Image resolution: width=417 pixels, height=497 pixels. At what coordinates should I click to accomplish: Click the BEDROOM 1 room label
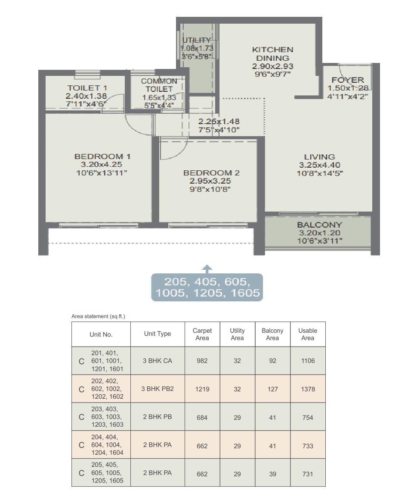(x=102, y=156)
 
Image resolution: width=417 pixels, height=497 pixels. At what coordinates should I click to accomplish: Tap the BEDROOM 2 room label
(x=211, y=173)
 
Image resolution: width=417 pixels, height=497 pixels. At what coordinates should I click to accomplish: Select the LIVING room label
(x=320, y=157)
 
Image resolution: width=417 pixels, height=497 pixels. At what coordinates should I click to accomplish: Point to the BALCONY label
(x=320, y=225)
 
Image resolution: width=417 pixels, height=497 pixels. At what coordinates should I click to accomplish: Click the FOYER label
(x=348, y=80)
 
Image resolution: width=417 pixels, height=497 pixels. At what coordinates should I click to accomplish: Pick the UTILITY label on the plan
(x=197, y=40)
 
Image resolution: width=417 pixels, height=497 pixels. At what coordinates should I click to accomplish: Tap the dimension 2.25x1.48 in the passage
(x=219, y=122)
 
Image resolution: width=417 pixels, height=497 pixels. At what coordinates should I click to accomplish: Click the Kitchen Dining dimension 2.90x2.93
(x=272, y=66)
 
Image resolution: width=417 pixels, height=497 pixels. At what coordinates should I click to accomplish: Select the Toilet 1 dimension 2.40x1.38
(x=86, y=96)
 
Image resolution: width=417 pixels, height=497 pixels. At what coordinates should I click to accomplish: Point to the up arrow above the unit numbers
(x=207, y=269)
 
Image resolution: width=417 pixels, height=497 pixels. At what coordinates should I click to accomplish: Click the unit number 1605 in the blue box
(x=245, y=293)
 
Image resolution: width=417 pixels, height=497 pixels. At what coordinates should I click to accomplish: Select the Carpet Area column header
(x=202, y=334)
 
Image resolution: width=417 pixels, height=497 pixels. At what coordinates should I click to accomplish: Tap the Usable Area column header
(x=308, y=334)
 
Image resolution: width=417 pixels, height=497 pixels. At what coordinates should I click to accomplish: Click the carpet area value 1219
(x=202, y=389)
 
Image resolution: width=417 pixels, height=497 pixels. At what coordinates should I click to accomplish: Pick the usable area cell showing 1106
(x=308, y=361)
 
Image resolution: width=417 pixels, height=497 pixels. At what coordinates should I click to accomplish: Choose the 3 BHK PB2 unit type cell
(x=157, y=389)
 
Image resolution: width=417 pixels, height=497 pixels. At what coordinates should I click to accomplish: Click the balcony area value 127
(x=272, y=389)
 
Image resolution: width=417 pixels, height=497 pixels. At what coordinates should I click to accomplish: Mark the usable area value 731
(x=308, y=474)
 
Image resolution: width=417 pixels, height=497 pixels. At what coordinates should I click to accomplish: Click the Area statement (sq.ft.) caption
(x=99, y=316)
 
